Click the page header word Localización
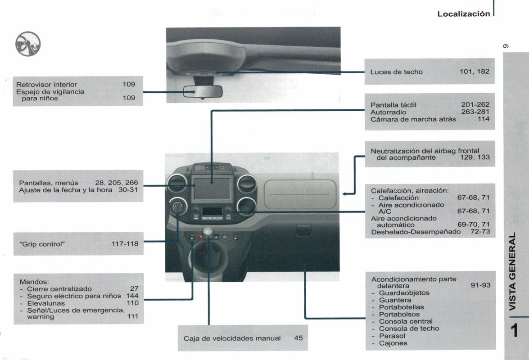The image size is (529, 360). pyautogui.click(x=463, y=14)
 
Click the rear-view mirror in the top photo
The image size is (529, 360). pyautogui.click(x=202, y=91)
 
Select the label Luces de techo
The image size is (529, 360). pyautogui.click(x=396, y=72)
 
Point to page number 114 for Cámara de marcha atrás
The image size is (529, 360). pyautogui.click(x=484, y=119)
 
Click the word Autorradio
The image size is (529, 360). pyautogui.click(x=388, y=112)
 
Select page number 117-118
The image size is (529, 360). pyautogui.click(x=125, y=244)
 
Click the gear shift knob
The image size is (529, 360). pyautogui.click(x=208, y=232)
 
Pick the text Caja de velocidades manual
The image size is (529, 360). pyautogui.click(x=232, y=338)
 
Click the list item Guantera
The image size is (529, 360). pyautogui.click(x=395, y=300)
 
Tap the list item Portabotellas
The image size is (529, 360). pyautogui.click(x=401, y=307)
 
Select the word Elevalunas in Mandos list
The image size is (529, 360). pyautogui.click(x=46, y=303)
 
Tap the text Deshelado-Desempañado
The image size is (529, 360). pyautogui.click(x=416, y=232)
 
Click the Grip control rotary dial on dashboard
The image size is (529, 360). pyautogui.click(x=176, y=207)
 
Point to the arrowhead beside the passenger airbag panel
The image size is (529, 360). pyautogui.click(x=345, y=194)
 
